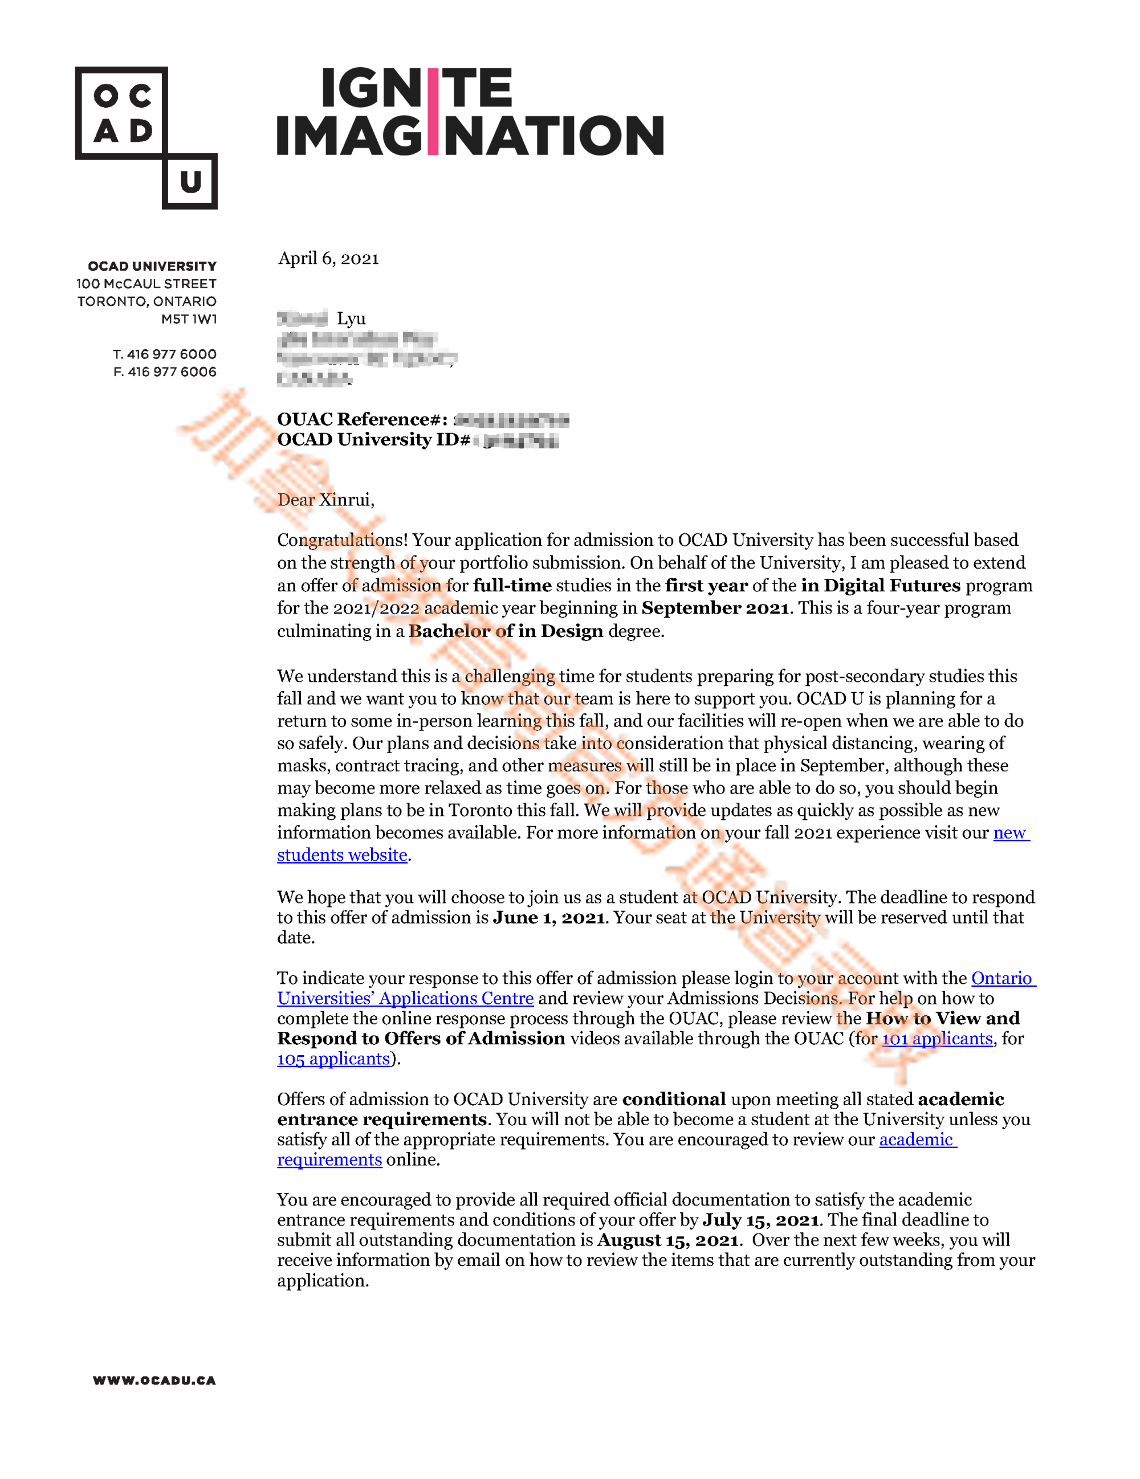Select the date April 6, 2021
[x=328, y=258]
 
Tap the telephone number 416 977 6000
[x=172, y=354]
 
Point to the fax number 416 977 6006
[x=172, y=372]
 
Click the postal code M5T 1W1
[x=189, y=319]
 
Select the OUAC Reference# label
[x=362, y=419]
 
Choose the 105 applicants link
[x=333, y=1059]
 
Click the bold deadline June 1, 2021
[x=549, y=918]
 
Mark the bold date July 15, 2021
[x=762, y=1220]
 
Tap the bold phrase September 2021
[x=715, y=608]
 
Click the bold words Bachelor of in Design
[x=506, y=631]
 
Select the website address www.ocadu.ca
[x=154, y=1380]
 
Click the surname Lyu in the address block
[x=351, y=318]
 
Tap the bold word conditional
[x=674, y=1099]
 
